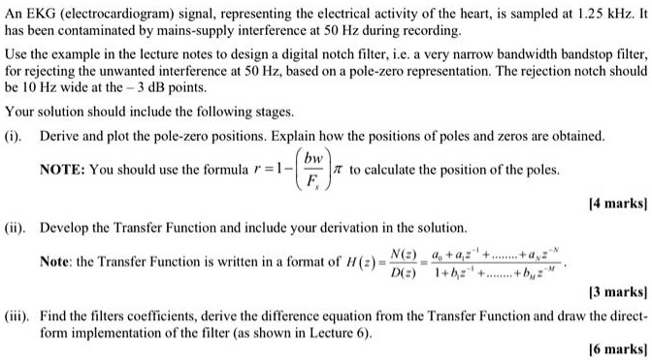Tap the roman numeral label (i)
pyautogui.click(x=16, y=137)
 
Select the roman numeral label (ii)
pyautogui.click(x=17, y=226)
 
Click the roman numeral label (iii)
pyautogui.click(x=19, y=314)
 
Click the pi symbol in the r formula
pyautogui.click(x=340, y=170)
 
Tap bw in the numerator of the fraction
pyautogui.click(x=312, y=158)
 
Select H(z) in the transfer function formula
pyautogui.click(x=353, y=262)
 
